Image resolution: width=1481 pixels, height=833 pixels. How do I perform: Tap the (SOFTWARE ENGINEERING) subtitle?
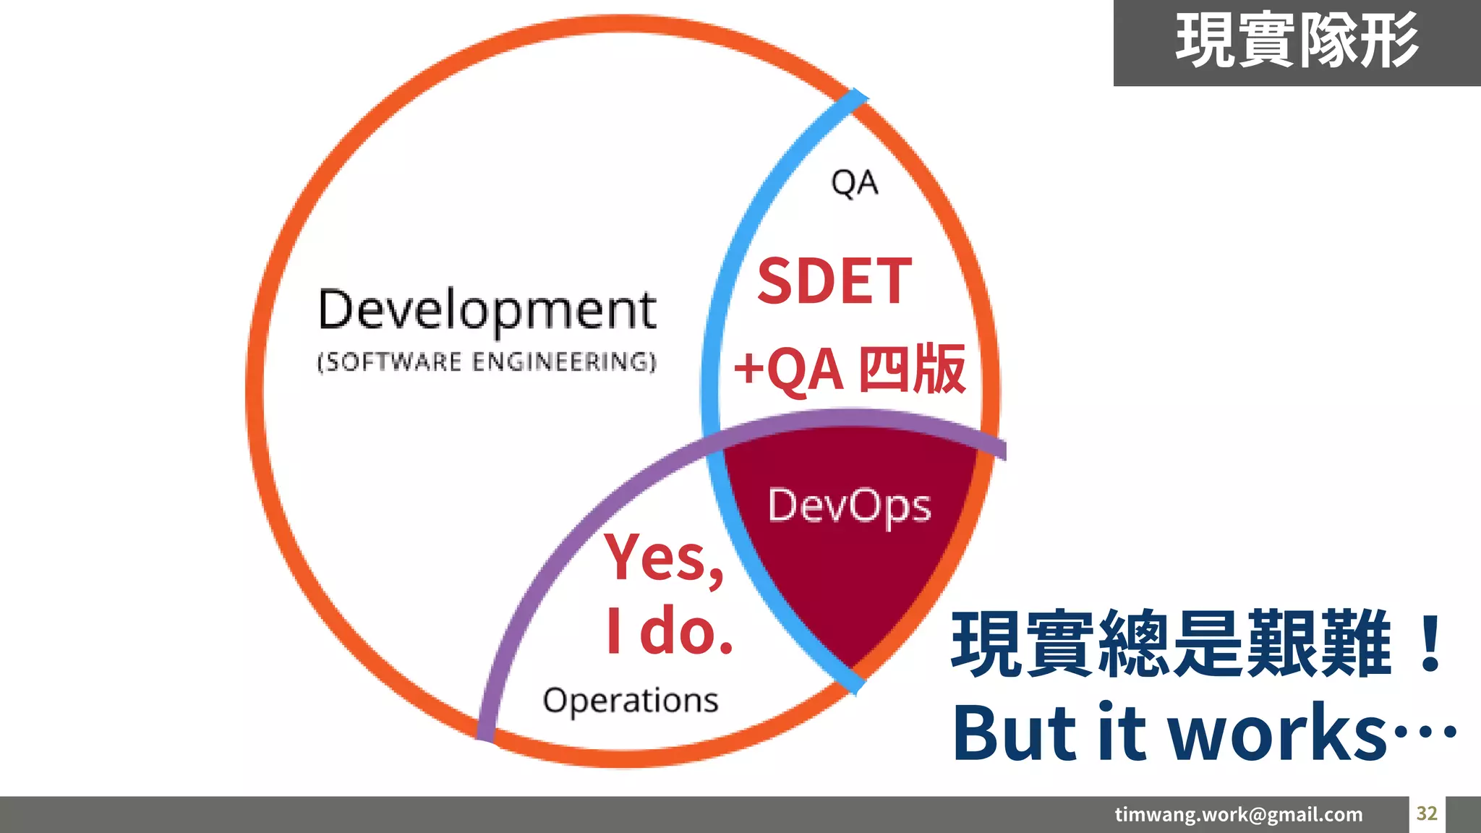[487, 362]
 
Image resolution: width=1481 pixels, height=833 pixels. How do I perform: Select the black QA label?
[854, 183]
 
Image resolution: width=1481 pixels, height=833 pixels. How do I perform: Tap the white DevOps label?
[849, 505]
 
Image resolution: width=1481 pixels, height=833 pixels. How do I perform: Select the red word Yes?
[664, 558]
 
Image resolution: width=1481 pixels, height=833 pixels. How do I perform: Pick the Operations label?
[631, 701]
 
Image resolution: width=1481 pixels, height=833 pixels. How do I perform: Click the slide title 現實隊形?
[1297, 42]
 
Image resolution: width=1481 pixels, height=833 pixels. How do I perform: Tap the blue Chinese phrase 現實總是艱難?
[1171, 644]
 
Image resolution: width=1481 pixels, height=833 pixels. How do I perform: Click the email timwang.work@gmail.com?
[1238, 815]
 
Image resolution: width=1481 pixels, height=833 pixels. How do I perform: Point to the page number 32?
[1427, 813]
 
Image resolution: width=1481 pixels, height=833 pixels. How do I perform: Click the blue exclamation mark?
[1430, 644]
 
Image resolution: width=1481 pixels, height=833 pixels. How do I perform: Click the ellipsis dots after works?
[1425, 732]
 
